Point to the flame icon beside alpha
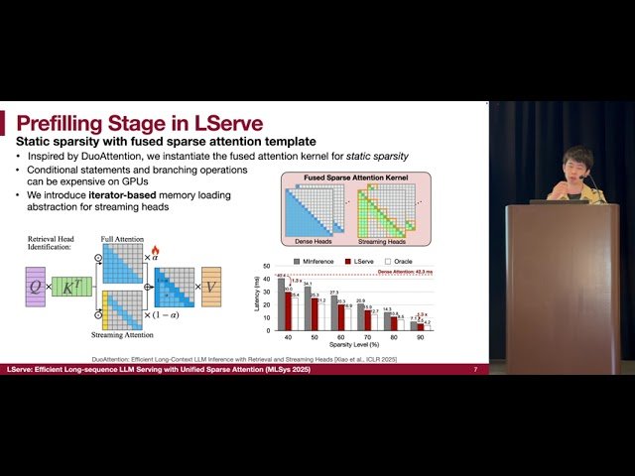155,251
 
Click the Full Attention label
122,239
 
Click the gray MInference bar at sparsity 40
281,303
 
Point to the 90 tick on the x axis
421,338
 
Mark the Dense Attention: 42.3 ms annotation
405,272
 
